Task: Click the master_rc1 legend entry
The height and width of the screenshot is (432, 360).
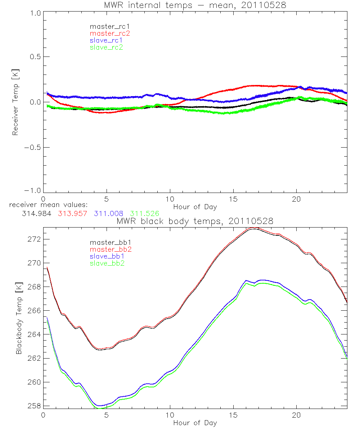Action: [106, 26]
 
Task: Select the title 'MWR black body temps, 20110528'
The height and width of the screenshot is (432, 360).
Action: [195, 221]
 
